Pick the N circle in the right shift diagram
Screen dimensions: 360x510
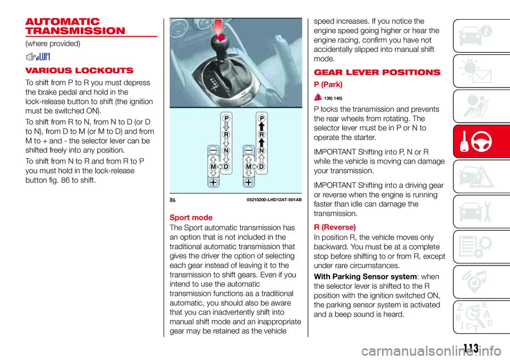(261, 152)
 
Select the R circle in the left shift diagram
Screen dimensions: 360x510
(226, 135)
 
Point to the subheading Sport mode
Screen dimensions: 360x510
(191, 218)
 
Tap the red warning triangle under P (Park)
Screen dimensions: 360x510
(318, 97)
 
